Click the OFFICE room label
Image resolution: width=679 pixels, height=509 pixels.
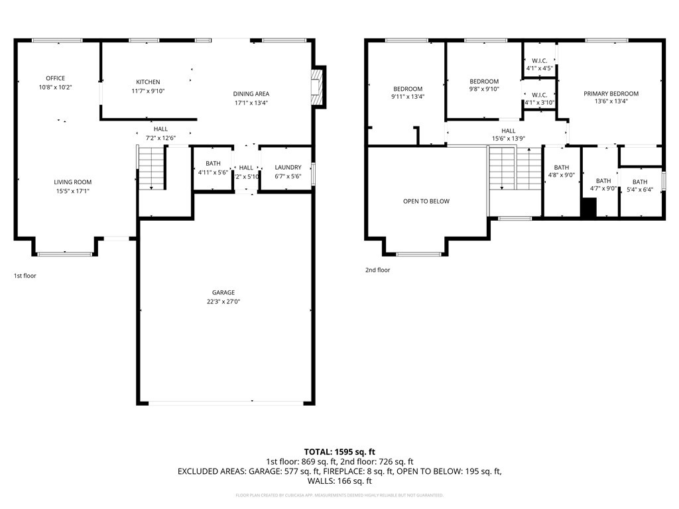(x=56, y=78)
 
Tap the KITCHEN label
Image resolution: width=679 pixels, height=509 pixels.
(x=148, y=82)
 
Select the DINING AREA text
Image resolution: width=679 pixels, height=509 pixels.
(x=251, y=93)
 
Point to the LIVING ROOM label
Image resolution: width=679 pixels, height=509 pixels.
(x=73, y=182)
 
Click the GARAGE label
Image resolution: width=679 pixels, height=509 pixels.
(x=223, y=292)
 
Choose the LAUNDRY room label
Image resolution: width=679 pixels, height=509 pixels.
(x=288, y=167)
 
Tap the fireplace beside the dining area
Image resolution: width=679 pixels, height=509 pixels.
(x=318, y=86)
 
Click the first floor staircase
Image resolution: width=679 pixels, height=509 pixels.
(x=152, y=168)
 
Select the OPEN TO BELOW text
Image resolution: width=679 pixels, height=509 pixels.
(x=426, y=201)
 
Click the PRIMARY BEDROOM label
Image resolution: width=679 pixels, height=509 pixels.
(x=611, y=93)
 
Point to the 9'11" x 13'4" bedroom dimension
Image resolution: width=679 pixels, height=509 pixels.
(x=408, y=97)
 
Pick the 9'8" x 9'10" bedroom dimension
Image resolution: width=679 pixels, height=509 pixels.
(x=484, y=89)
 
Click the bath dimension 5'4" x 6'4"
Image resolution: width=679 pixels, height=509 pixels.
(x=640, y=189)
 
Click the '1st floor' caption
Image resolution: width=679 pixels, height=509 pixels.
(x=25, y=275)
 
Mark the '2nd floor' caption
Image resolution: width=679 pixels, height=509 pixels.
(x=377, y=270)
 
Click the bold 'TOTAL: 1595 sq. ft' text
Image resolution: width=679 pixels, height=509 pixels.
(x=339, y=451)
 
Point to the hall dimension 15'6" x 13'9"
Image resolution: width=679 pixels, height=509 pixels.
(x=509, y=138)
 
